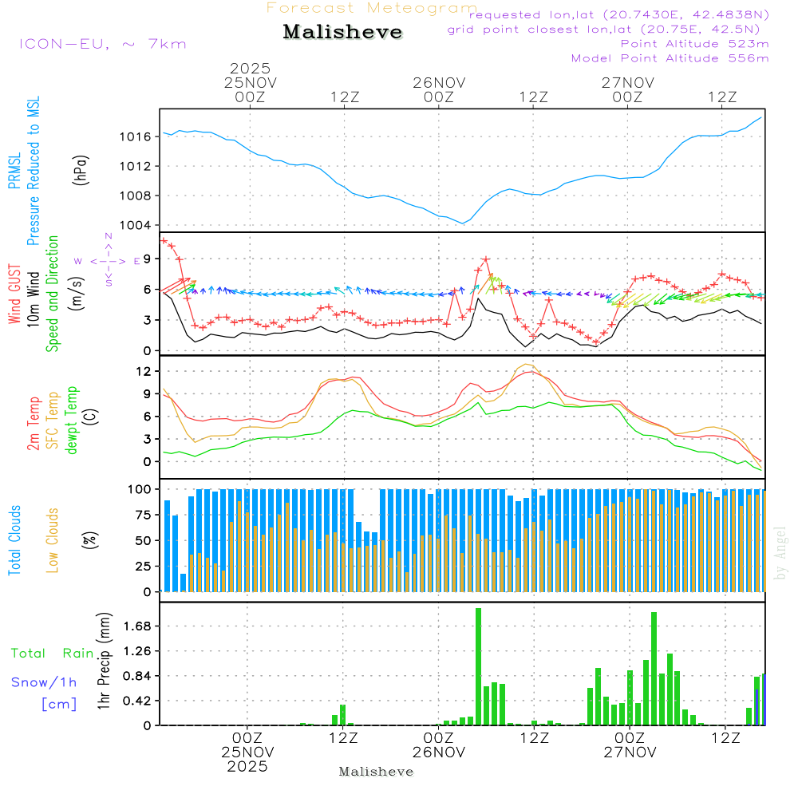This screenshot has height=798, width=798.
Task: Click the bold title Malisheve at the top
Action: [x=343, y=33]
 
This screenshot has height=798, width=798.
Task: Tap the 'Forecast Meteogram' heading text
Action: [x=372, y=9]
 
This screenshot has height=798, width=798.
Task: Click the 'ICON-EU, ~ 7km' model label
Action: [x=103, y=44]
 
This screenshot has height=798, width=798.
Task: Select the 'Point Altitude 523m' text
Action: [x=694, y=44]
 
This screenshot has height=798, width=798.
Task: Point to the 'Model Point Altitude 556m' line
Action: [x=670, y=58]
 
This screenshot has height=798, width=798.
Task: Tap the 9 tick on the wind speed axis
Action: [x=145, y=259]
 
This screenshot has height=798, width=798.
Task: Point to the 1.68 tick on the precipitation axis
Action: [x=136, y=626]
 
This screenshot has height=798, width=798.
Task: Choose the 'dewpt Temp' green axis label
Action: [x=73, y=420]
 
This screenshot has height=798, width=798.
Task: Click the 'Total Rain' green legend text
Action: [x=53, y=654]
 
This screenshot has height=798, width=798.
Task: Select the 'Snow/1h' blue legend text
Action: [x=45, y=682]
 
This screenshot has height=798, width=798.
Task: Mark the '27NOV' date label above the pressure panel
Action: [x=628, y=82]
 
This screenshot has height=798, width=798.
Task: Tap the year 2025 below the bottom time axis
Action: [x=247, y=767]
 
